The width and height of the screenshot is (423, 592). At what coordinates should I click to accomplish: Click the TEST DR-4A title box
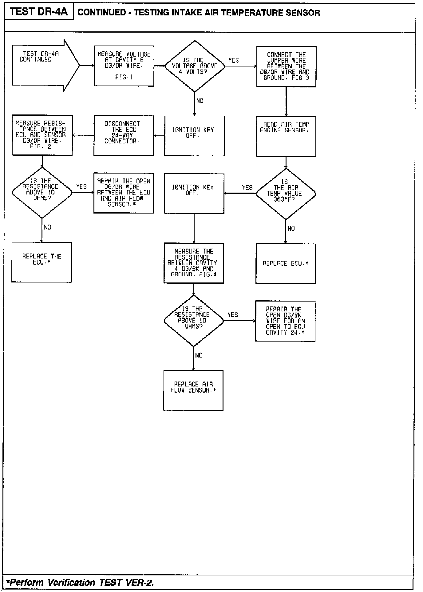point(39,12)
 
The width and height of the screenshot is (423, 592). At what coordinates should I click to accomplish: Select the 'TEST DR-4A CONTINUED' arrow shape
point(43,66)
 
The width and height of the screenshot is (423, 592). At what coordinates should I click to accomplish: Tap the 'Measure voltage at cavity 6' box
point(124,66)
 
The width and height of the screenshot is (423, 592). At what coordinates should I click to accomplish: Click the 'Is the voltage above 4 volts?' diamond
point(195,66)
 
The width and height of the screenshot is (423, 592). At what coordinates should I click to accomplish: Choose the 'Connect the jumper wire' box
point(286,66)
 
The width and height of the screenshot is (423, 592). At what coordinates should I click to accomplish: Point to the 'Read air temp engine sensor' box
point(286,136)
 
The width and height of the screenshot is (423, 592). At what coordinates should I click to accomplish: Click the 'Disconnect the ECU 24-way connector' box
point(124,135)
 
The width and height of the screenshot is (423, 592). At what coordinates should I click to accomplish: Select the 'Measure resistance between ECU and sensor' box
point(42,135)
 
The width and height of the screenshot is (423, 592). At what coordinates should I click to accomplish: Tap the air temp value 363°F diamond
point(286,194)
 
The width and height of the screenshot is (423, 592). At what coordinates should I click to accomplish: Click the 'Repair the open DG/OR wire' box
point(124,193)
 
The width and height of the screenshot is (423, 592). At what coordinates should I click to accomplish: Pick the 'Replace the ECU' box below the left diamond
point(42,262)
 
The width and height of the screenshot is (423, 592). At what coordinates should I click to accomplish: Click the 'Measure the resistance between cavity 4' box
point(194,263)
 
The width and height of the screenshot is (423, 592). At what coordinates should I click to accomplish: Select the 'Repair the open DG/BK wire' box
point(285,321)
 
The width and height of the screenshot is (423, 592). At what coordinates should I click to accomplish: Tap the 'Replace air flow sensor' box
point(193,390)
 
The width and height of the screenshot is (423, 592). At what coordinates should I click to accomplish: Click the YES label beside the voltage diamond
point(234,60)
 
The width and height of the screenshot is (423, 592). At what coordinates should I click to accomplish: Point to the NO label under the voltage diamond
point(200,101)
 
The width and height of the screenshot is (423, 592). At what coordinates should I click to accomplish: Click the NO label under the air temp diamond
point(291,228)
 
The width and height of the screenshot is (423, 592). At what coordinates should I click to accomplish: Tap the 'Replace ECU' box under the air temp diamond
point(286,264)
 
